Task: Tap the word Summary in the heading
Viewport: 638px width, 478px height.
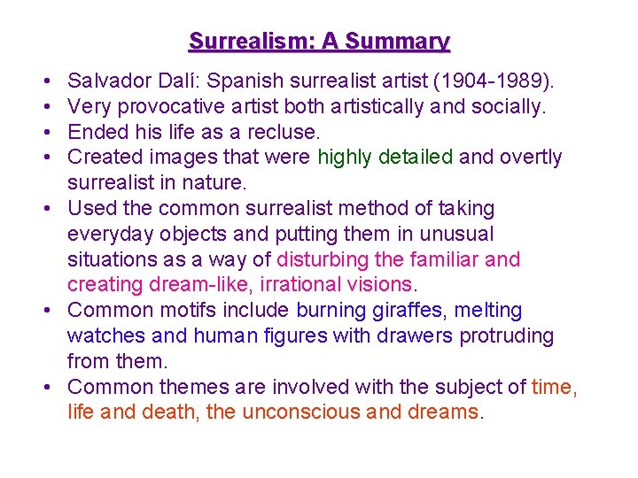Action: point(398,42)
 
